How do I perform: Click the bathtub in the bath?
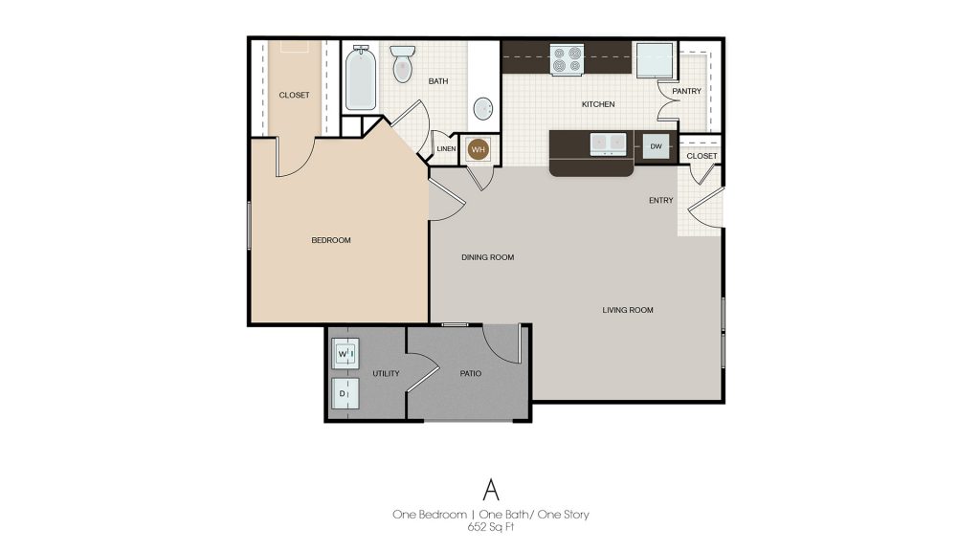361,77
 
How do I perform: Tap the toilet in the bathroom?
402,62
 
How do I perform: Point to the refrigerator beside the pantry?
657,59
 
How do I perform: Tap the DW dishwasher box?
656,146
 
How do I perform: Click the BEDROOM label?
331,240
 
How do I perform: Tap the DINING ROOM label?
488,257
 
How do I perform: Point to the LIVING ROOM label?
628,310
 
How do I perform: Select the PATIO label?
470,373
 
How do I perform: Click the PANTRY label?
687,92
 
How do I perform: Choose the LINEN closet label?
446,149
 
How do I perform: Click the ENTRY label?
660,201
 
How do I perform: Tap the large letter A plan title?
491,489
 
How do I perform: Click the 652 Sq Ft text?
490,527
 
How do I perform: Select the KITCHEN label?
598,104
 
